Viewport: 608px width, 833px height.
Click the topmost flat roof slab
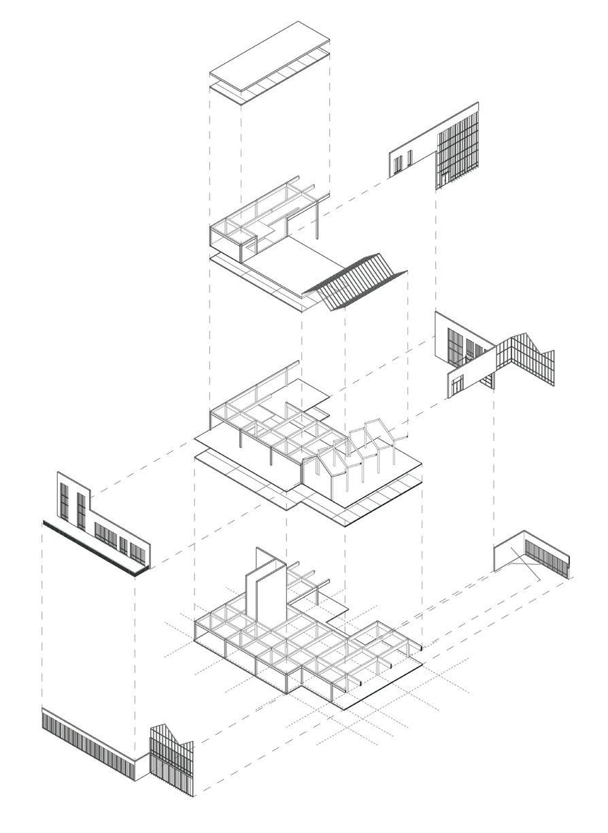pyautogui.click(x=269, y=58)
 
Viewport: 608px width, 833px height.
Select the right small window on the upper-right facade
pyautogui.click(x=409, y=159)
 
